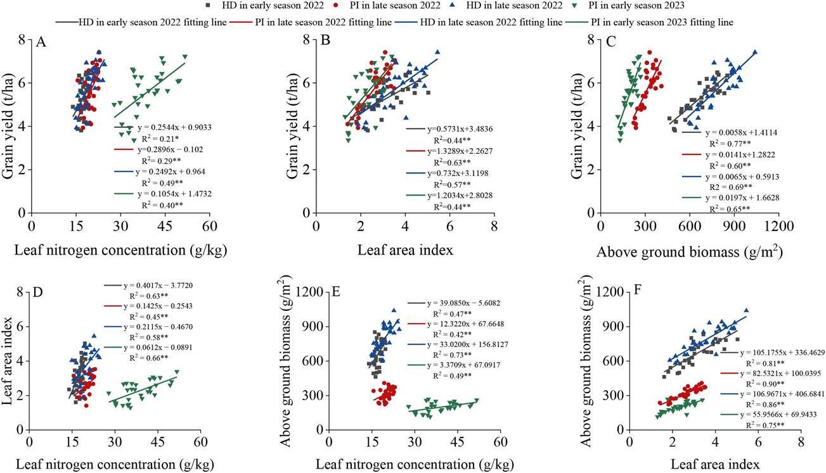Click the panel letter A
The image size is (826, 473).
tap(41, 42)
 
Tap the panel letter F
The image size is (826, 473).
tap(637, 290)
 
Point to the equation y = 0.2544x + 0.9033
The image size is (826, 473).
tap(174, 127)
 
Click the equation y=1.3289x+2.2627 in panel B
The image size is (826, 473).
tap(460, 151)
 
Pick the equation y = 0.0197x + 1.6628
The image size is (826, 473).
tap(742, 198)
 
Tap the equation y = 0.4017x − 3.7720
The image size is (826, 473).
tap(158, 286)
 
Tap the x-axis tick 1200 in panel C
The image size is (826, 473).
tap(778, 226)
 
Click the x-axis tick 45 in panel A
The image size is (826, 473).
tap(165, 226)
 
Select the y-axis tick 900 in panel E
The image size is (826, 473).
tap(313, 326)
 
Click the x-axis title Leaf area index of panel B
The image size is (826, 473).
tap(405, 250)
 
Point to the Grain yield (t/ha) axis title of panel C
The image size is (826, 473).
tap(578, 125)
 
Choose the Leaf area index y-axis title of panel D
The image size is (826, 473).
tap(8, 361)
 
